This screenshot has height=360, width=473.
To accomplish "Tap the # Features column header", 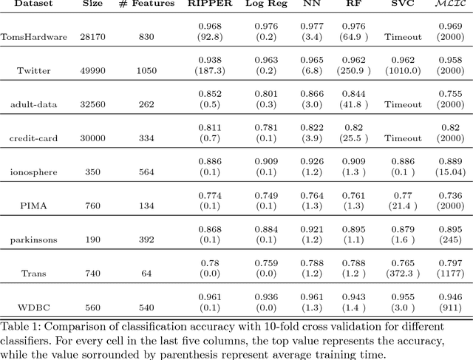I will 146,4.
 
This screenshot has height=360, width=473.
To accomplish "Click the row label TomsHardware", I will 33,35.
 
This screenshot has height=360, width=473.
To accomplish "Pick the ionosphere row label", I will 33,171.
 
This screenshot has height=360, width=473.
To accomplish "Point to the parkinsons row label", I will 33,240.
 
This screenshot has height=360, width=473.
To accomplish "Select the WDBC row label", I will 33,308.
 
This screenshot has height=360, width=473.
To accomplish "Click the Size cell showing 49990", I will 93,69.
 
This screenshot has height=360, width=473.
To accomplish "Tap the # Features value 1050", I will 146,69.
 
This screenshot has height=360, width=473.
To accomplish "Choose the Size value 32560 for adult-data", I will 93,103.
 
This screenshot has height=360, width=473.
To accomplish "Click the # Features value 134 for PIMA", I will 146,206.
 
